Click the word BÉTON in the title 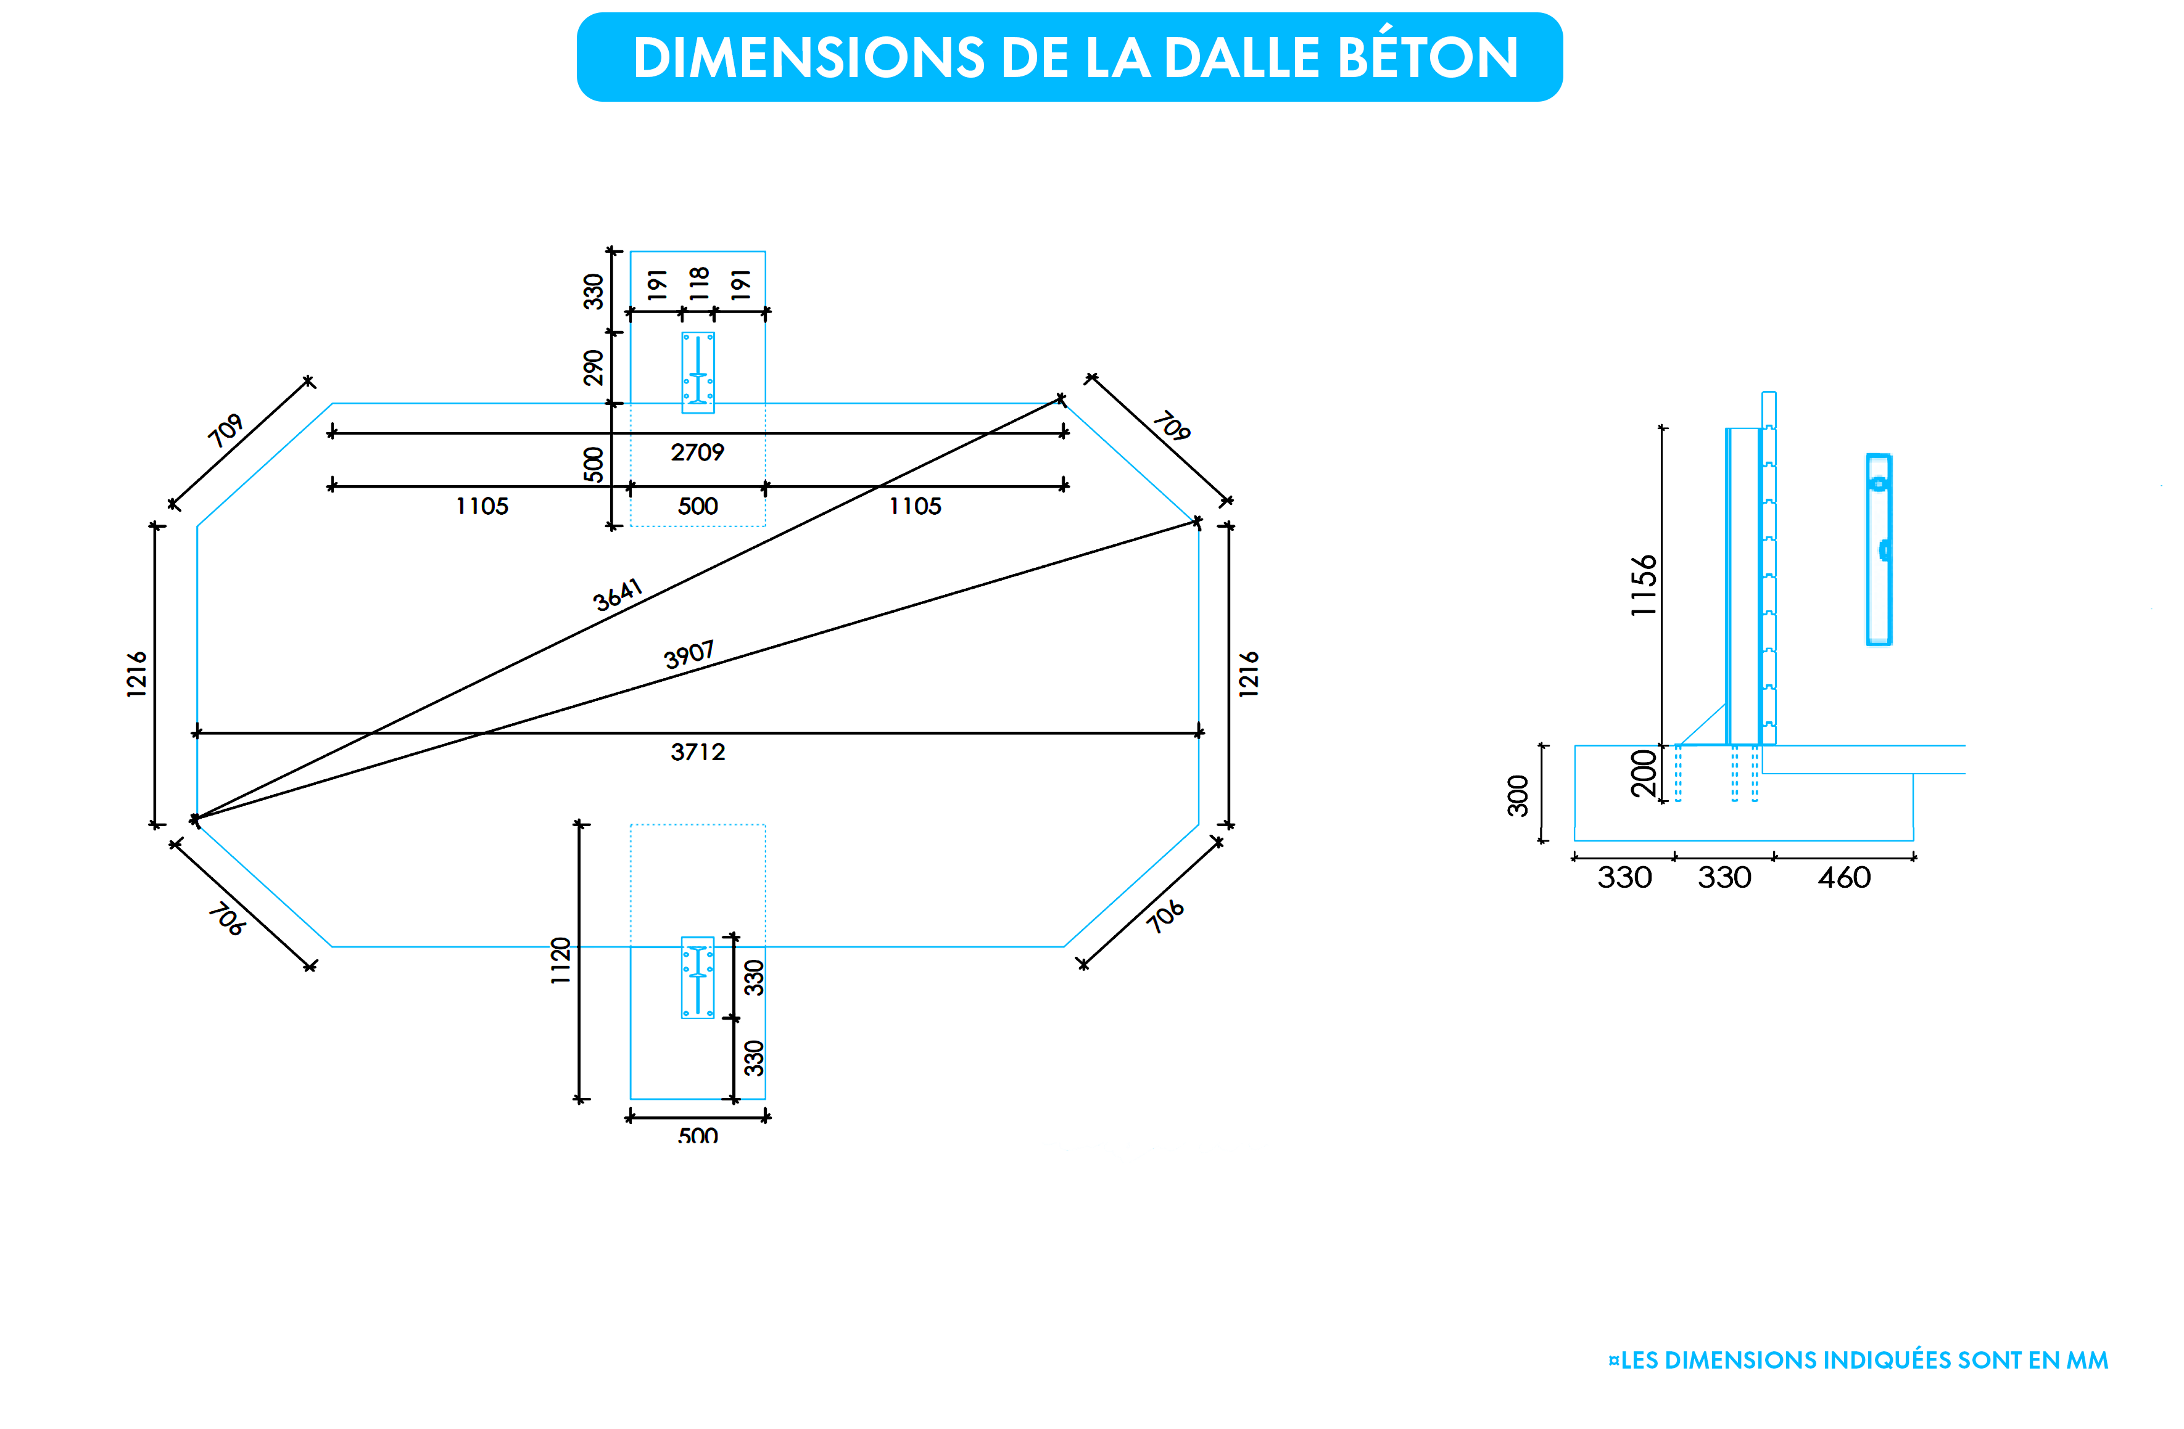1427,58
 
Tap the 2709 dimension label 697,452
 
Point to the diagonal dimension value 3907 689,655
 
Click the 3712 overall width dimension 697,752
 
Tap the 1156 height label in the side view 1644,585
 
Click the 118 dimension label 699,284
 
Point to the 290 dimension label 594,368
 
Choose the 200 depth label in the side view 1644,773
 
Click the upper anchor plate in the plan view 697,372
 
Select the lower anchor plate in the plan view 697,977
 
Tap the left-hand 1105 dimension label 482,506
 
